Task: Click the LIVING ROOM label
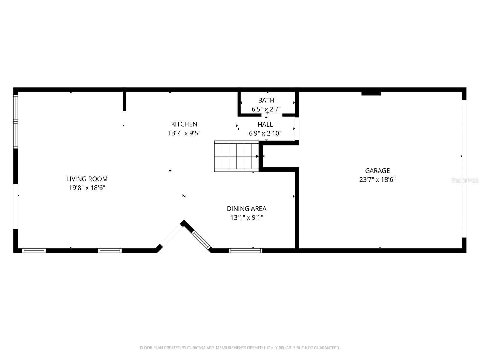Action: pos(87,179)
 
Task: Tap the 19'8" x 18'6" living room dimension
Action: pos(87,188)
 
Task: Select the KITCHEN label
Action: pos(184,124)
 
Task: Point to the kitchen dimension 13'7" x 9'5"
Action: pos(184,133)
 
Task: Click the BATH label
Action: pos(266,100)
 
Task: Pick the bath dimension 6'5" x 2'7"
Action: pos(266,109)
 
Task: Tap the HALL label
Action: pos(265,124)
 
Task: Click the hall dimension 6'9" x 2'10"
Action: pos(265,133)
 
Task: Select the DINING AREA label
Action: pos(247,208)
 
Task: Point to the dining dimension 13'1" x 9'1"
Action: pos(247,217)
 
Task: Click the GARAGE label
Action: pos(377,171)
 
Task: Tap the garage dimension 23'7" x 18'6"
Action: pos(377,180)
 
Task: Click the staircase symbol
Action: pos(236,156)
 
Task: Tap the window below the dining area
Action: pos(245,250)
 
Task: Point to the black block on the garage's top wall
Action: pos(371,94)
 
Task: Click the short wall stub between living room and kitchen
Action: pos(124,101)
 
